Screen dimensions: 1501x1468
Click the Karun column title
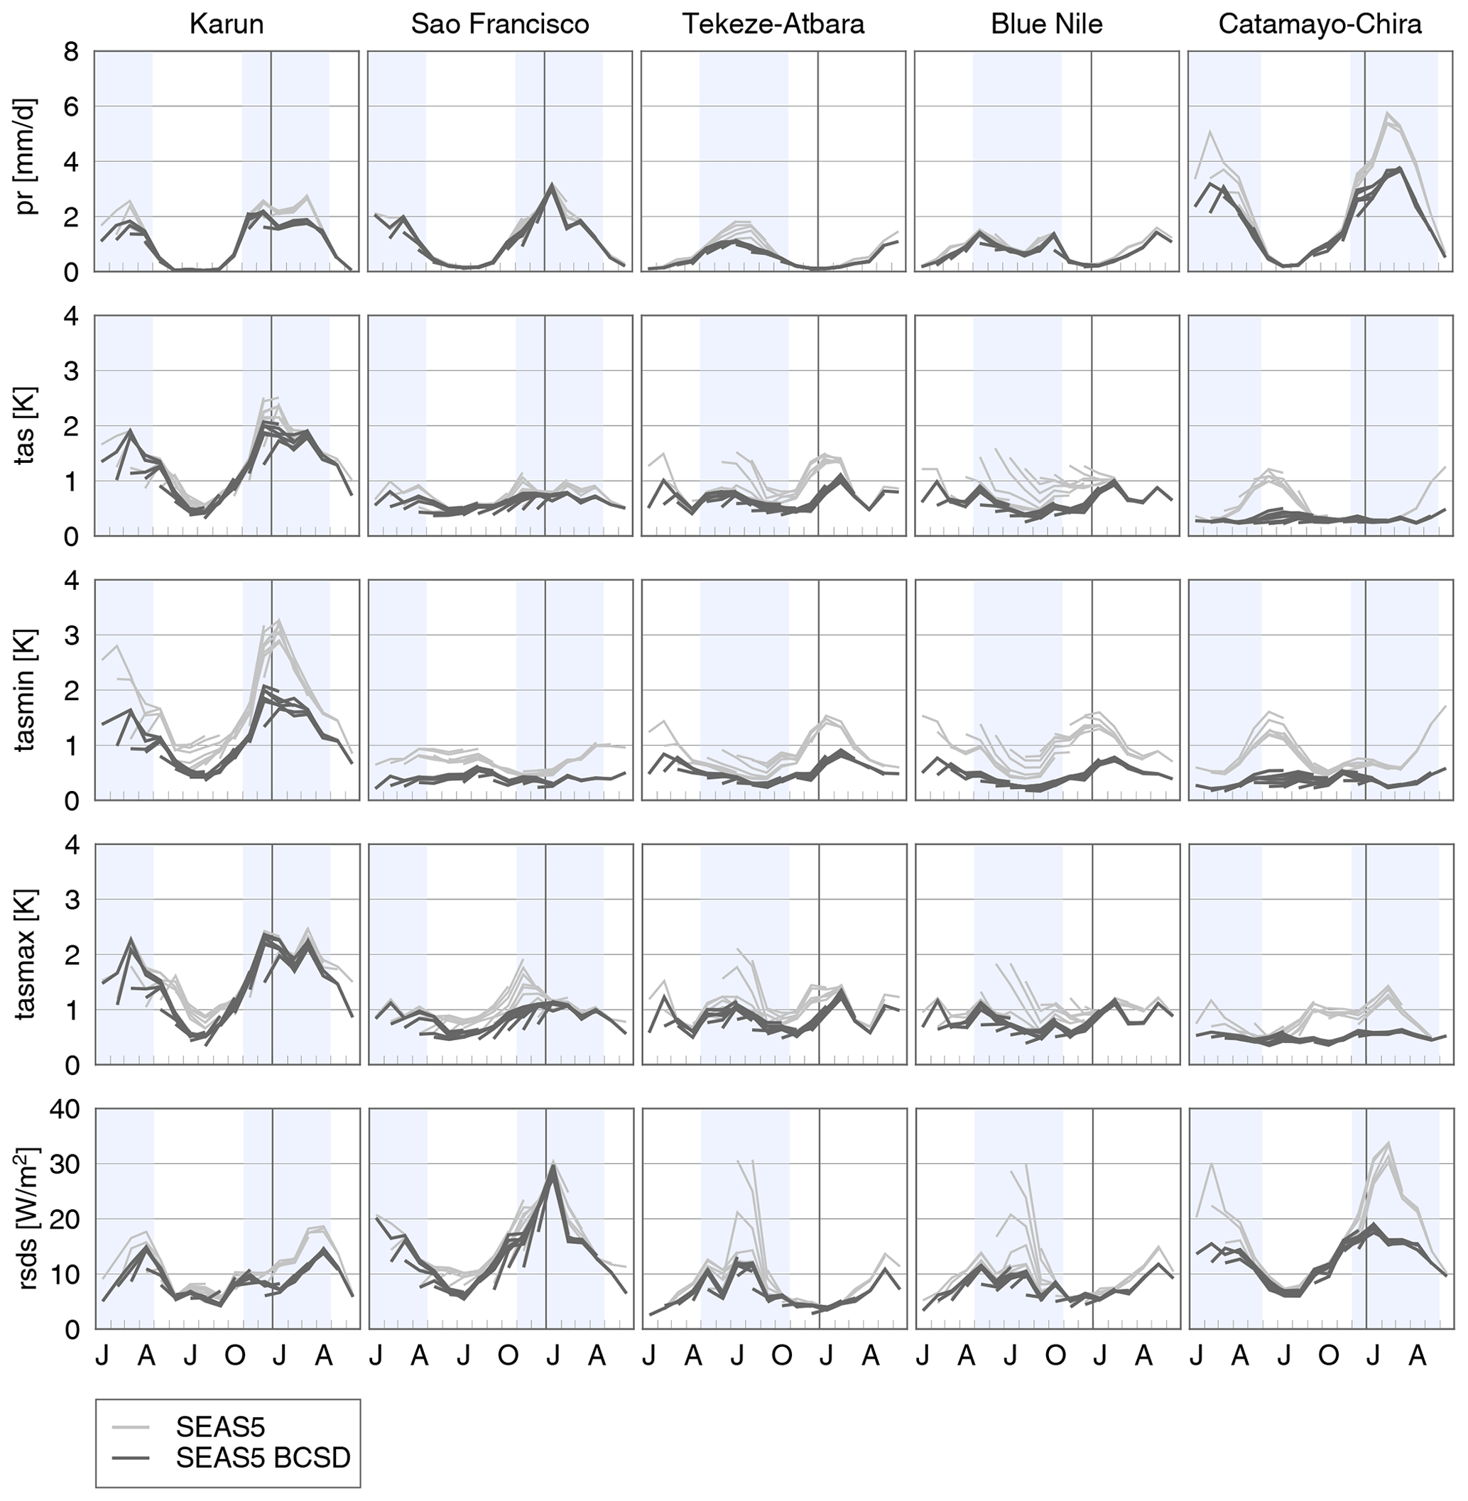[x=226, y=25]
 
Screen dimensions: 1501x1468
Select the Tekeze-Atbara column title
[x=773, y=25]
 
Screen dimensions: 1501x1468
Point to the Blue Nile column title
[x=1046, y=25]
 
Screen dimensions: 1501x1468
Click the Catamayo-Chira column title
[x=1319, y=25]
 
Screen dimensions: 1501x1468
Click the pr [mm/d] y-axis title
[x=28, y=162]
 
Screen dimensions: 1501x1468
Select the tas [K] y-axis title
[x=28, y=425]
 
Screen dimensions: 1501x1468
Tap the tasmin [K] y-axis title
[x=28, y=690]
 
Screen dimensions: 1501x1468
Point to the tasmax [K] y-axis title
[x=28, y=954]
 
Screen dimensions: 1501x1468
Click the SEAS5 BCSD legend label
[x=263, y=1457]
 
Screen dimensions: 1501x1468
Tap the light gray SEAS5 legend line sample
[x=136, y=1427]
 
